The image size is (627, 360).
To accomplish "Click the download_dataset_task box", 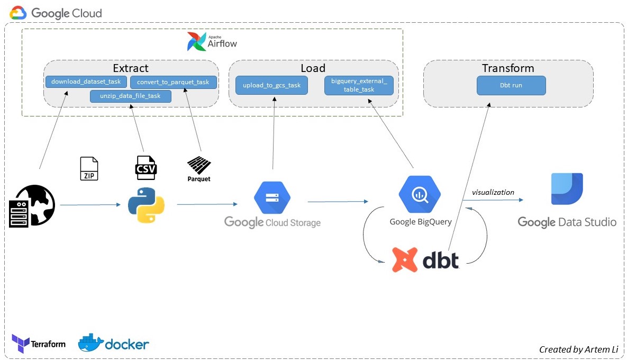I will tap(86, 82).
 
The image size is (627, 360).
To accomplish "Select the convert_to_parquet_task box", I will tap(173, 82).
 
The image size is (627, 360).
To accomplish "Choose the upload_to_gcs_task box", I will tap(271, 85).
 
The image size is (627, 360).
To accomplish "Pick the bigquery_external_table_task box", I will tap(359, 85).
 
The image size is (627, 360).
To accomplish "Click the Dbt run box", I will tap(511, 85).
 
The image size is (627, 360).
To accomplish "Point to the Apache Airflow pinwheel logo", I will tap(196, 42).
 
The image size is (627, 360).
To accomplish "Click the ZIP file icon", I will tap(89, 168).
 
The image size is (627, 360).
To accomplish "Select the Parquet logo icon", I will tap(199, 166).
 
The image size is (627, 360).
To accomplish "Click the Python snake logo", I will tap(146, 204).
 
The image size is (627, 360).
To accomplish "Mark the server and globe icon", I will tap(32, 206).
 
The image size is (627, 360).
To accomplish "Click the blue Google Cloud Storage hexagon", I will tap(272, 197).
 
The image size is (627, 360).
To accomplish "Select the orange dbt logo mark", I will tap(404, 259).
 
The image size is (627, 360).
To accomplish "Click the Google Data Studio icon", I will tap(567, 189).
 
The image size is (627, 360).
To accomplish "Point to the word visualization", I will tap(493, 192).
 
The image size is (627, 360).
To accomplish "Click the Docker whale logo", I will tap(90, 343).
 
